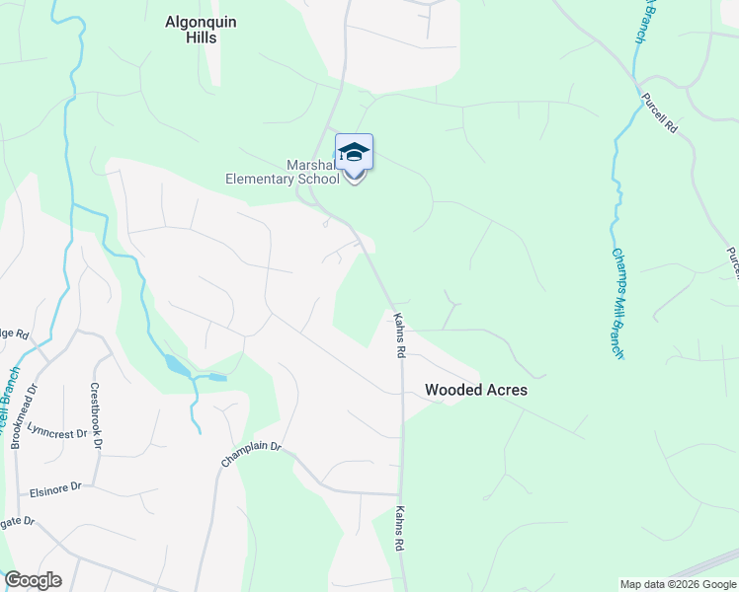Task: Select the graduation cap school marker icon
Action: (x=354, y=153)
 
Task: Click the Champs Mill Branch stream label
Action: (x=616, y=303)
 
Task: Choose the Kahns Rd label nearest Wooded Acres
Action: (x=400, y=335)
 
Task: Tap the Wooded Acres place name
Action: (x=475, y=390)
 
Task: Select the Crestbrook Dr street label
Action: (x=96, y=415)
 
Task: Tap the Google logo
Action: (x=33, y=580)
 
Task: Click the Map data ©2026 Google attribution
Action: (x=678, y=584)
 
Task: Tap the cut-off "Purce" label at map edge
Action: (x=732, y=262)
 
